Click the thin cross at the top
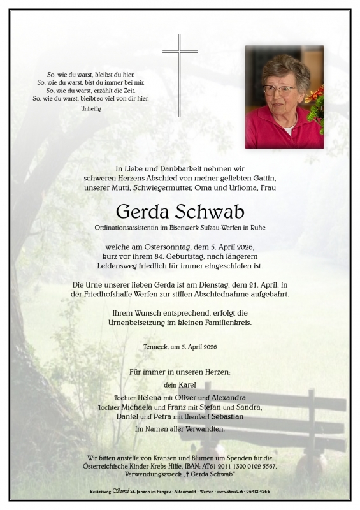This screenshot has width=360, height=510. click(180, 75)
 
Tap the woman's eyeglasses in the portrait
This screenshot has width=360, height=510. click(278, 90)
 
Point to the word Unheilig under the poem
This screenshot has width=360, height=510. click(90, 109)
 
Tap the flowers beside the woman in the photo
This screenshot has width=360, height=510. click(316, 106)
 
